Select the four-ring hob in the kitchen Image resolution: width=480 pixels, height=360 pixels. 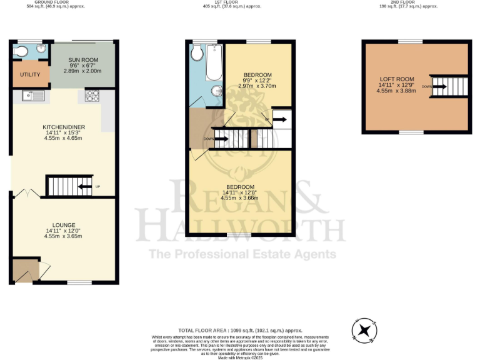click(91, 96)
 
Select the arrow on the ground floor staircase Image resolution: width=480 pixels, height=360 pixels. click(84, 186)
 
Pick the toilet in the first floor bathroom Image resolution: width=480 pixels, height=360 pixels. click(197, 54)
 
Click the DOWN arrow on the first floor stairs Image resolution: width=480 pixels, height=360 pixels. click(219, 139)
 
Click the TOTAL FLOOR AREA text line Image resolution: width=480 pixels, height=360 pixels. click(240, 330)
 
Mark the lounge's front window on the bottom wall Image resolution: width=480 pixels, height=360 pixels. click(79, 282)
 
